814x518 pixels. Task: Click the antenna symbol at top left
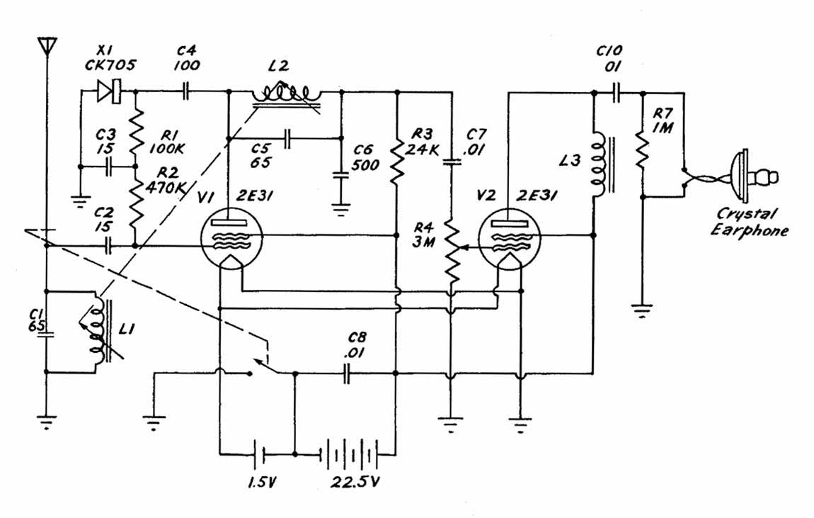[46, 46]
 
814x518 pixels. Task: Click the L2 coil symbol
[287, 94]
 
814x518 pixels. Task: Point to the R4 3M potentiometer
[451, 248]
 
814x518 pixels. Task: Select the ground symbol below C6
[341, 207]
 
